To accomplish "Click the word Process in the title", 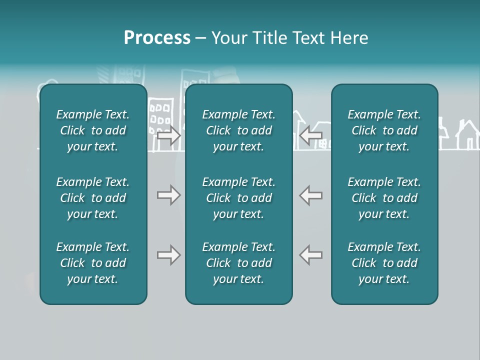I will (157, 38).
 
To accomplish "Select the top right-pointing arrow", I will (168, 135).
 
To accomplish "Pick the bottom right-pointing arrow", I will (168, 255).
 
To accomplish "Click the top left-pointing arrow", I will (310, 135).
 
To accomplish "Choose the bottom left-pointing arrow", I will (310, 255).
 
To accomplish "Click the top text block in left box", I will (93, 130).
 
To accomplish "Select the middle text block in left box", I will (93, 198).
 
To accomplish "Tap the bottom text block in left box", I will (93, 263).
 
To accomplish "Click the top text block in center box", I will (238, 130).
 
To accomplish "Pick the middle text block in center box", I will (238, 198).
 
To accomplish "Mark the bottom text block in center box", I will (238, 263).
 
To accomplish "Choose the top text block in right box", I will (384, 130).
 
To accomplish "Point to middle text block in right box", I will (384, 198).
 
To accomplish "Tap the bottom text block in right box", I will (384, 263).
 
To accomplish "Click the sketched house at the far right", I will (467, 136).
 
